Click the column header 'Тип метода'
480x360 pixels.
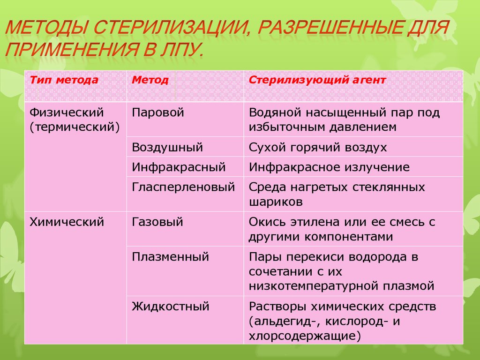[x=64, y=80]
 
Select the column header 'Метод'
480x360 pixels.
[x=150, y=80]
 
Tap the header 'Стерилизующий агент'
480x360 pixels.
[x=317, y=80]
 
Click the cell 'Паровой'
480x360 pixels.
[x=158, y=112]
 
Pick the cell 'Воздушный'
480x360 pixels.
[x=167, y=148]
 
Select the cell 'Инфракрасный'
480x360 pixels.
[x=179, y=167]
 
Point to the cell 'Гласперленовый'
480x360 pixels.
[x=183, y=187]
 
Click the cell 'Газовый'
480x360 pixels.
[x=157, y=222]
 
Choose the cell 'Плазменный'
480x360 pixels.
[x=171, y=257]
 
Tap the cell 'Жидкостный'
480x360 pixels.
[x=171, y=307]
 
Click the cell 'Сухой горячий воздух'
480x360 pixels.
[x=318, y=148]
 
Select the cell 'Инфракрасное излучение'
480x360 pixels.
[x=329, y=167]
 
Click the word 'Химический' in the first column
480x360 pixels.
[x=67, y=222]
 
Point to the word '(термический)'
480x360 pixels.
[x=75, y=127]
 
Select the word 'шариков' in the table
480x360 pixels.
[x=276, y=202]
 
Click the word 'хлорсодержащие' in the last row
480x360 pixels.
[x=302, y=336]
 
